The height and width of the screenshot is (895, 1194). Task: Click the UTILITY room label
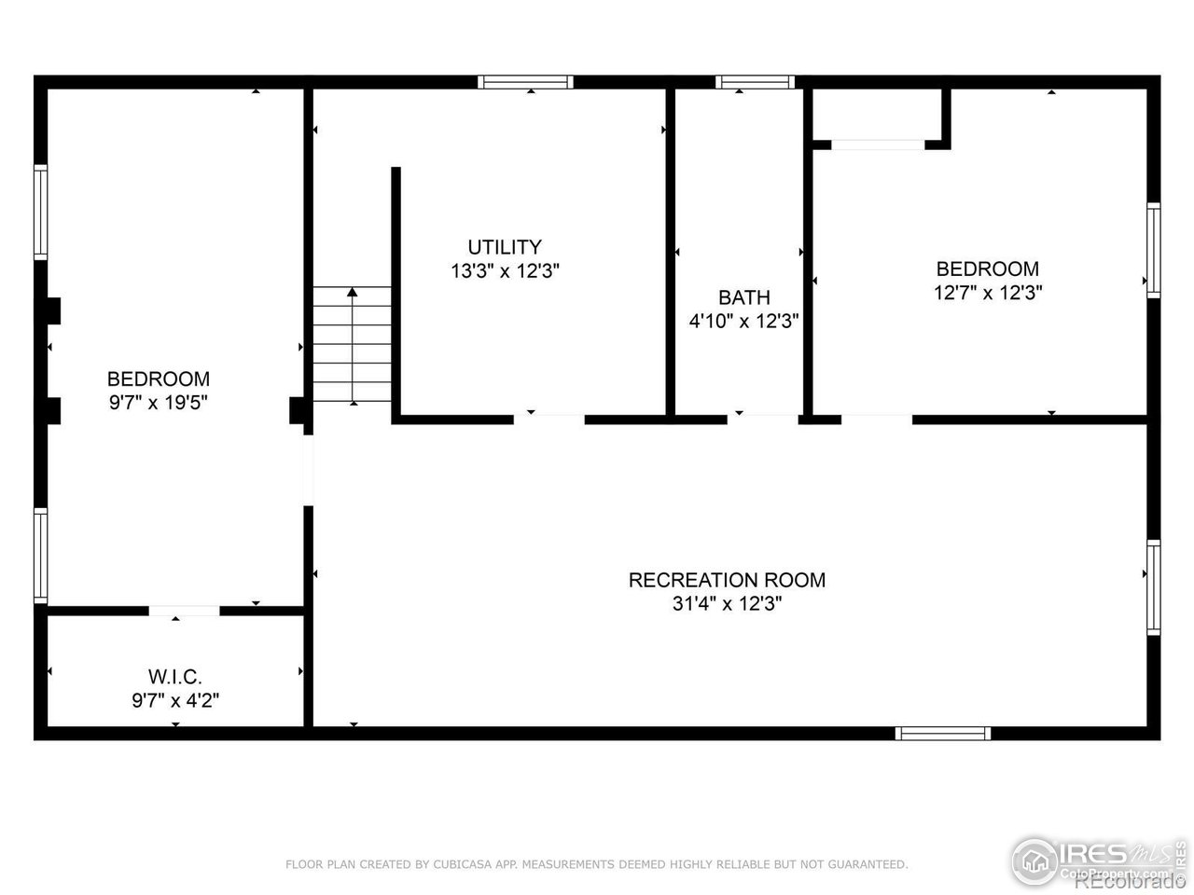tap(504, 247)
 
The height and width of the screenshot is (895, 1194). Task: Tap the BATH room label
tap(743, 297)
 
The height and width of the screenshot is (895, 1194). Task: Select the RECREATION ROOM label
tap(727, 580)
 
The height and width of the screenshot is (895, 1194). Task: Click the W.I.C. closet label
tap(175, 676)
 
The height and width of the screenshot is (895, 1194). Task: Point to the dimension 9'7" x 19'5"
tap(158, 403)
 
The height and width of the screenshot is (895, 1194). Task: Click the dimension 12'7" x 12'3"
tap(987, 292)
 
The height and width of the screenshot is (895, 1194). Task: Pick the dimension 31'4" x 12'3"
tap(727, 603)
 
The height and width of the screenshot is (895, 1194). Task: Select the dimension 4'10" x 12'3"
tap(743, 321)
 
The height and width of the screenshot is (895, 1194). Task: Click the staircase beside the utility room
tap(352, 345)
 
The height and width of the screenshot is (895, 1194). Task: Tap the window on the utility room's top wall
tap(525, 82)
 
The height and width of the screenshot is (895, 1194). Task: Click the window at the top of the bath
tap(755, 82)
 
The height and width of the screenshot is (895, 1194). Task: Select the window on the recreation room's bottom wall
tap(942, 733)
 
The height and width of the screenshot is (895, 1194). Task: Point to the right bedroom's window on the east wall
tap(1153, 250)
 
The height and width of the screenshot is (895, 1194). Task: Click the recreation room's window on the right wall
tap(1153, 587)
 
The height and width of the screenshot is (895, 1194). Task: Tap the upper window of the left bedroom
tap(41, 212)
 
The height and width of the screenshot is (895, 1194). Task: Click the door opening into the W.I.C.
tap(184, 611)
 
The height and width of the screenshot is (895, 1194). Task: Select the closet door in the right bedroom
tap(878, 145)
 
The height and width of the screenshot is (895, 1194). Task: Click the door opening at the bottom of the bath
tap(762, 419)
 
